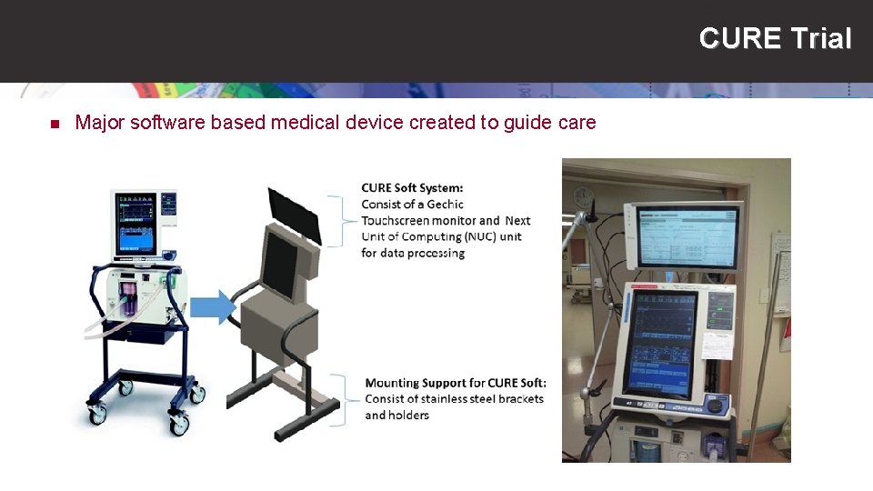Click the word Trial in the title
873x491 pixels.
click(x=821, y=39)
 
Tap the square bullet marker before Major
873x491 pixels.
click(x=53, y=124)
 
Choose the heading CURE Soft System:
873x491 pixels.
click(x=412, y=188)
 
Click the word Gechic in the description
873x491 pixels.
click(x=445, y=205)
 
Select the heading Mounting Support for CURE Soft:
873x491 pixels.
click(x=455, y=382)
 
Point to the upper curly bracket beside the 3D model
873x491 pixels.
click(x=345, y=219)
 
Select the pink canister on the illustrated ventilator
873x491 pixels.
click(x=125, y=300)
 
